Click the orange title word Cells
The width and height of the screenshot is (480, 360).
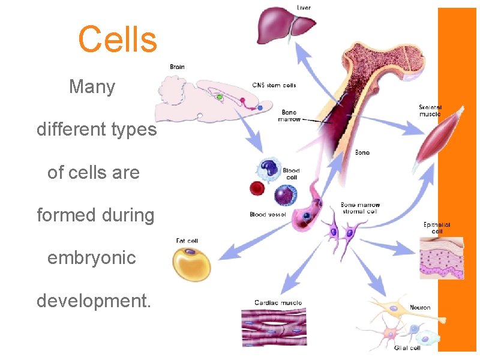[118, 39]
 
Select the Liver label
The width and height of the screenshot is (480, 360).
[305, 7]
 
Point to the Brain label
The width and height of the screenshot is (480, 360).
[177, 67]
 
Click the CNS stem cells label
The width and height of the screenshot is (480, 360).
[274, 85]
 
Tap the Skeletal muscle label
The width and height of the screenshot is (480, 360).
[430, 110]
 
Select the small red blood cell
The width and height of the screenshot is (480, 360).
[257, 188]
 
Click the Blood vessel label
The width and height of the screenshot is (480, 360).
[268, 214]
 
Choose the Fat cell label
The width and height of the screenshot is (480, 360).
[187, 241]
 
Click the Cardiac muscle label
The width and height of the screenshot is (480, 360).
[278, 303]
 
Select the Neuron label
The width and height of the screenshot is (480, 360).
[420, 308]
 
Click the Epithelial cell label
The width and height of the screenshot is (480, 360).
[437, 228]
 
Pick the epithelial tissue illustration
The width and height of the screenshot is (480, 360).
[442, 258]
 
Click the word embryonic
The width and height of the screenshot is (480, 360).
[92, 258]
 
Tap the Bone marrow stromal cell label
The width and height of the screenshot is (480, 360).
[360, 208]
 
